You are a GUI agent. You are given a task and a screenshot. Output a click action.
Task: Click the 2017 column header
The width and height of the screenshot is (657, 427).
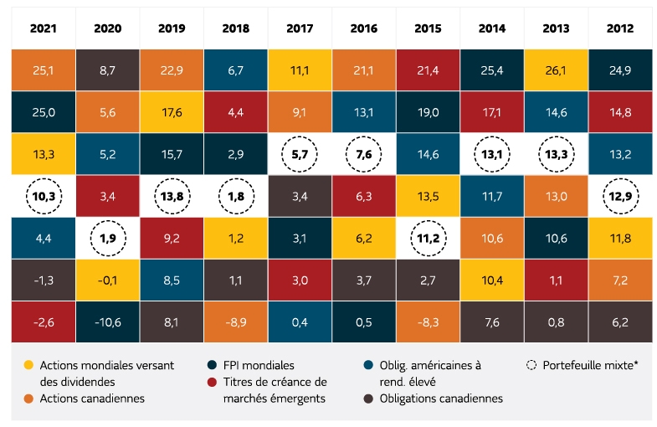[x=300, y=28]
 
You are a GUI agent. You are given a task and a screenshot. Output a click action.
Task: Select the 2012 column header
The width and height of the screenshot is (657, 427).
[x=620, y=28]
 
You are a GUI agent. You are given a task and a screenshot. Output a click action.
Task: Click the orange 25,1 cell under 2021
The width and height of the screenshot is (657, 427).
[x=44, y=69]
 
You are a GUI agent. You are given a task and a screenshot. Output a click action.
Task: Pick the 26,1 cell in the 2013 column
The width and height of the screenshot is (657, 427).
[x=556, y=69]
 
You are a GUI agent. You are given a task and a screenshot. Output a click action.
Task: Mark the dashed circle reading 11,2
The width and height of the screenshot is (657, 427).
[x=428, y=238]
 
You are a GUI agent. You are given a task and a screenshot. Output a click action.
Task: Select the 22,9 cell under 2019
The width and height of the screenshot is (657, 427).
[x=172, y=69]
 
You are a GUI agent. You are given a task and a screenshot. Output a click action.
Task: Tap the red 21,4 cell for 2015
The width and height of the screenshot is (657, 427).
[x=428, y=69]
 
